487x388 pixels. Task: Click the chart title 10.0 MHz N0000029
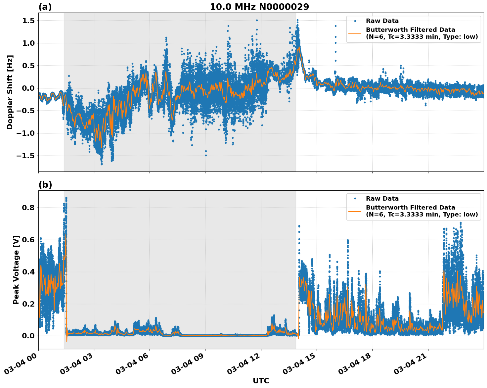259,7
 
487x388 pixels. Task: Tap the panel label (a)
45,7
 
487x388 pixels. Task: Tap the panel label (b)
45,185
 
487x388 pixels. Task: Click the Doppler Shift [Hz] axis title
10,92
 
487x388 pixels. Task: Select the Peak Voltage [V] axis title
16,269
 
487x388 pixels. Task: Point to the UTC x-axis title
261,381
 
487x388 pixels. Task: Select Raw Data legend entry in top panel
382,21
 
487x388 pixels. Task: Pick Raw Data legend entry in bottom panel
382,199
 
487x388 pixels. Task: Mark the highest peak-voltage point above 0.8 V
66,198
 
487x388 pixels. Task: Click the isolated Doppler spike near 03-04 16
335,26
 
